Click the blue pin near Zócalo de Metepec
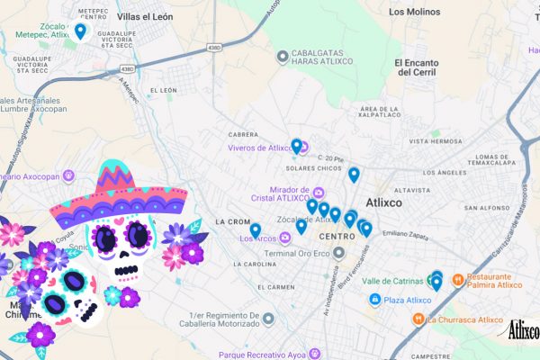80,31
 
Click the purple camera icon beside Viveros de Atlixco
303,148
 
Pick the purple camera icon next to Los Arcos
285,238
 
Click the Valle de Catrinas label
393,281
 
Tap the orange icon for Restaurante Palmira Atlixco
458,280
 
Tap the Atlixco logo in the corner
523,330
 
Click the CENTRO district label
337,237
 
